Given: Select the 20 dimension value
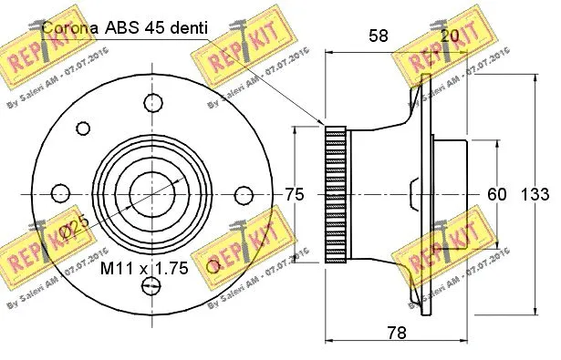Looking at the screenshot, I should (451, 36).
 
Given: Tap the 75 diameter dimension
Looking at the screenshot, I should (294, 194).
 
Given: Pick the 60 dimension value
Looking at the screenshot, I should (496, 194).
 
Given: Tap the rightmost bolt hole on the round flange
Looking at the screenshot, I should (244, 195).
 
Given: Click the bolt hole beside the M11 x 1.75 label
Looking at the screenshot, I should (214, 264).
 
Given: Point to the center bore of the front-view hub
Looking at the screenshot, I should (147, 194).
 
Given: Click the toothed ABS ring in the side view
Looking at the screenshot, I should (336, 194).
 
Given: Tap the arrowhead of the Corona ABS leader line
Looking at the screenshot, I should (324, 122).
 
